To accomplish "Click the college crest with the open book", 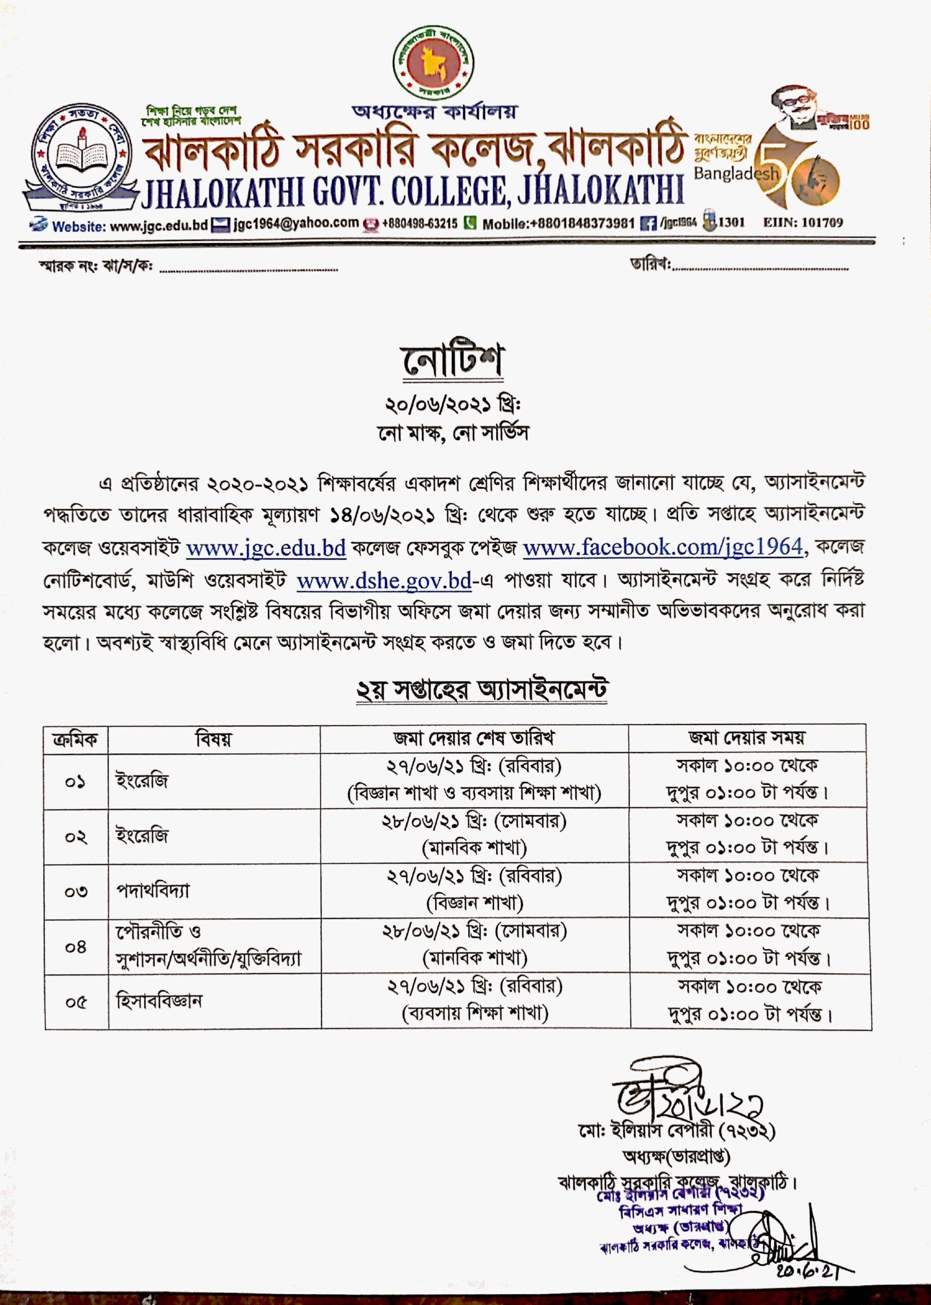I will click(81, 155).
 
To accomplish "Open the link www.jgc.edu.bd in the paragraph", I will click(266, 547).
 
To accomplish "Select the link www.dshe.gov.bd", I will click(384, 581).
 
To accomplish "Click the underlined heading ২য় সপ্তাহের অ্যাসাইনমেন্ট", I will click(482, 690).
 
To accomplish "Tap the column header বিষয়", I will click(213, 739).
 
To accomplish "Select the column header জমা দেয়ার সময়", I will click(747, 738).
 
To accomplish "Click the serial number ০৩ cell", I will click(75, 891).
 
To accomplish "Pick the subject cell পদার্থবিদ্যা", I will click(152, 891).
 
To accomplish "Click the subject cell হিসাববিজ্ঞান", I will click(159, 1001).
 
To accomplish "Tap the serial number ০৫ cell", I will click(75, 1002).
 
